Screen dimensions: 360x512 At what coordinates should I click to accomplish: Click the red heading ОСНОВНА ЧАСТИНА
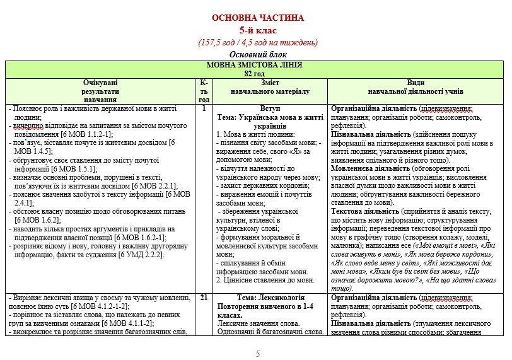pos(257,18)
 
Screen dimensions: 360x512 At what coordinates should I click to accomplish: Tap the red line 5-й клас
pos(257,30)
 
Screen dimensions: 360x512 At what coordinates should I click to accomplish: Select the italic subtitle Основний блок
pos(257,55)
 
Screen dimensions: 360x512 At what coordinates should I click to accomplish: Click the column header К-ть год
pos(204,91)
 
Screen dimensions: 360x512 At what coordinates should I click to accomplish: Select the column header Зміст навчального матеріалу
pos(270,87)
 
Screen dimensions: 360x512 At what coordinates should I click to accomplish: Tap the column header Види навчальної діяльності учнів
pos(415,87)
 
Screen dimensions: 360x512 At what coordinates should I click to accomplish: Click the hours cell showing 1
pos(204,108)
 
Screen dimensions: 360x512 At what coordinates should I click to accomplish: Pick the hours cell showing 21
pos(204,297)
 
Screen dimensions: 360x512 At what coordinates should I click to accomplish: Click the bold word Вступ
pos(270,108)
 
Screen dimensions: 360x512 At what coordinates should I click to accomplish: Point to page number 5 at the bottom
pos(257,354)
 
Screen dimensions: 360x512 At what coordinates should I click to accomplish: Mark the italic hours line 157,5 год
pos(257,43)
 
